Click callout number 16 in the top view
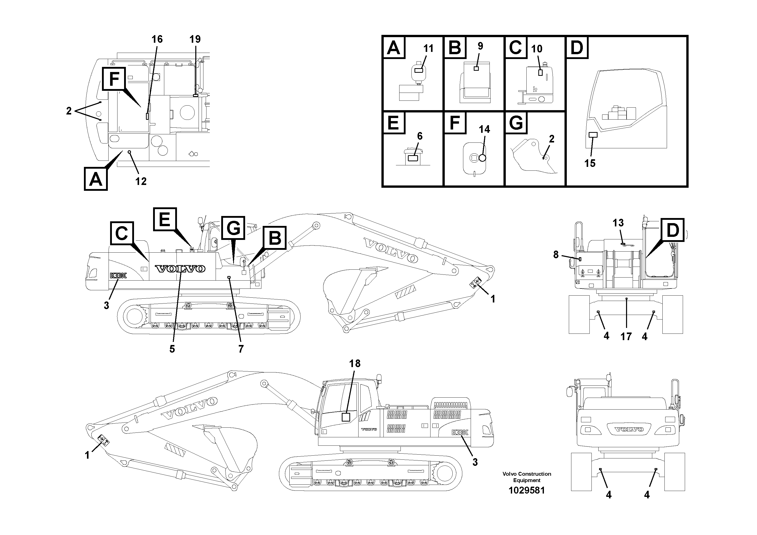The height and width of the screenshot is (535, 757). click(x=157, y=39)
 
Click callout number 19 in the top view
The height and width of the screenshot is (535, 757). click(x=195, y=39)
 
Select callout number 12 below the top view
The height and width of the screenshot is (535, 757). click(x=141, y=181)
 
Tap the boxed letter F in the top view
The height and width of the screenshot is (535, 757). click(x=114, y=79)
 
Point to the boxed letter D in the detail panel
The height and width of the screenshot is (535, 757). click(x=577, y=48)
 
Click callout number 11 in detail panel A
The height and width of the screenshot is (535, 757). click(x=428, y=49)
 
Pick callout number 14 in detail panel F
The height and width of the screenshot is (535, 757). click(x=484, y=129)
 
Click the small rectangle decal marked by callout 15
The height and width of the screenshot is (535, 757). click(x=593, y=135)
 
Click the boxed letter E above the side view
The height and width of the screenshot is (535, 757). click(x=165, y=219)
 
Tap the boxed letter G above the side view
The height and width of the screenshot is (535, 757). click(x=233, y=228)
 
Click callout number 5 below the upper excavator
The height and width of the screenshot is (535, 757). click(x=172, y=349)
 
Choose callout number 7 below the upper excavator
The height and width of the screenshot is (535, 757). click(x=241, y=349)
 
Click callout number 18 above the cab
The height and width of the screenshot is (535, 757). click(x=355, y=364)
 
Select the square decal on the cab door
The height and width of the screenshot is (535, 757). click(x=346, y=417)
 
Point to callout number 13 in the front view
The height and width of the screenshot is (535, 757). click(x=618, y=223)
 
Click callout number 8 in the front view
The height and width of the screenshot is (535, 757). click(x=556, y=254)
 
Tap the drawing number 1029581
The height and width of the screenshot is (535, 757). click(x=527, y=490)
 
